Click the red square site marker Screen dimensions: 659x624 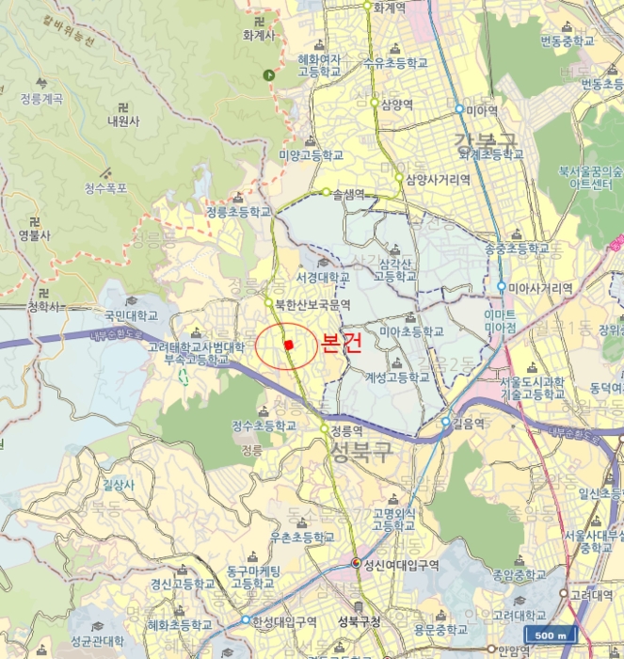coord(289,346)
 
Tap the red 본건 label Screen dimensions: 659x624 coord(340,344)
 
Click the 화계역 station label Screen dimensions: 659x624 coord(389,8)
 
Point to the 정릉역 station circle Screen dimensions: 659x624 coord(324,428)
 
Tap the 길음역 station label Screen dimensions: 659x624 coord(471,423)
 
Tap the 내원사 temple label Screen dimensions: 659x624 coord(123,121)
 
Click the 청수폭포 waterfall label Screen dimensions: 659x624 coord(105,188)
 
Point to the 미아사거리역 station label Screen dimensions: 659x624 coord(540,288)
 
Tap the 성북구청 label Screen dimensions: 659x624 coord(358,621)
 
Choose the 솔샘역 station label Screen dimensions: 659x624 coord(350,193)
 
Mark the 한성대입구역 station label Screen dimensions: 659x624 coord(283,620)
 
